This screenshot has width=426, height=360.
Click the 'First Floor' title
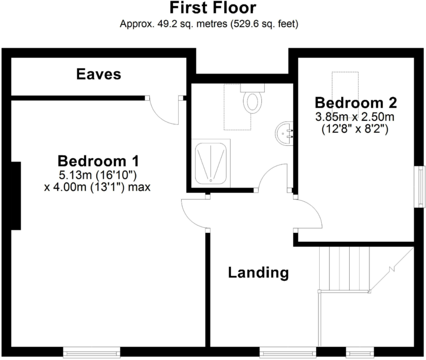click(x=213, y=8)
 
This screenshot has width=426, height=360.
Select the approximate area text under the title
click(x=213, y=24)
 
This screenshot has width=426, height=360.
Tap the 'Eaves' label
click(x=99, y=74)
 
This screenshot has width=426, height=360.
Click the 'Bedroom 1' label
click(x=98, y=160)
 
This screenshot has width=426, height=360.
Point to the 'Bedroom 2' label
click(x=356, y=103)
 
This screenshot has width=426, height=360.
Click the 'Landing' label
click(x=259, y=273)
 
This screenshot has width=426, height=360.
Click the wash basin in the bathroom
click(x=284, y=133)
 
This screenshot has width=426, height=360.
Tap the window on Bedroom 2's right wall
click(x=420, y=186)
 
